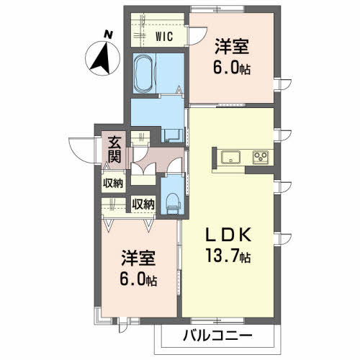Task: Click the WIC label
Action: coord(164,37)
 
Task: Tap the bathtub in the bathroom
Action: coord(144,74)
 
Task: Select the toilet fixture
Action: coord(174,203)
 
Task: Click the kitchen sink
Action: coord(230,157)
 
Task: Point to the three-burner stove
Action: coord(261,157)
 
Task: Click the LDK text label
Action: coord(228,235)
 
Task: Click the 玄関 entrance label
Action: coord(114,150)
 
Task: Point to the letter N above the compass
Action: coord(108,35)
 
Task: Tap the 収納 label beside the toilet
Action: coord(143,204)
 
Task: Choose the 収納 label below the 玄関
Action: coord(113,184)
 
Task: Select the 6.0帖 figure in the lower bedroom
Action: coord(138,280)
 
